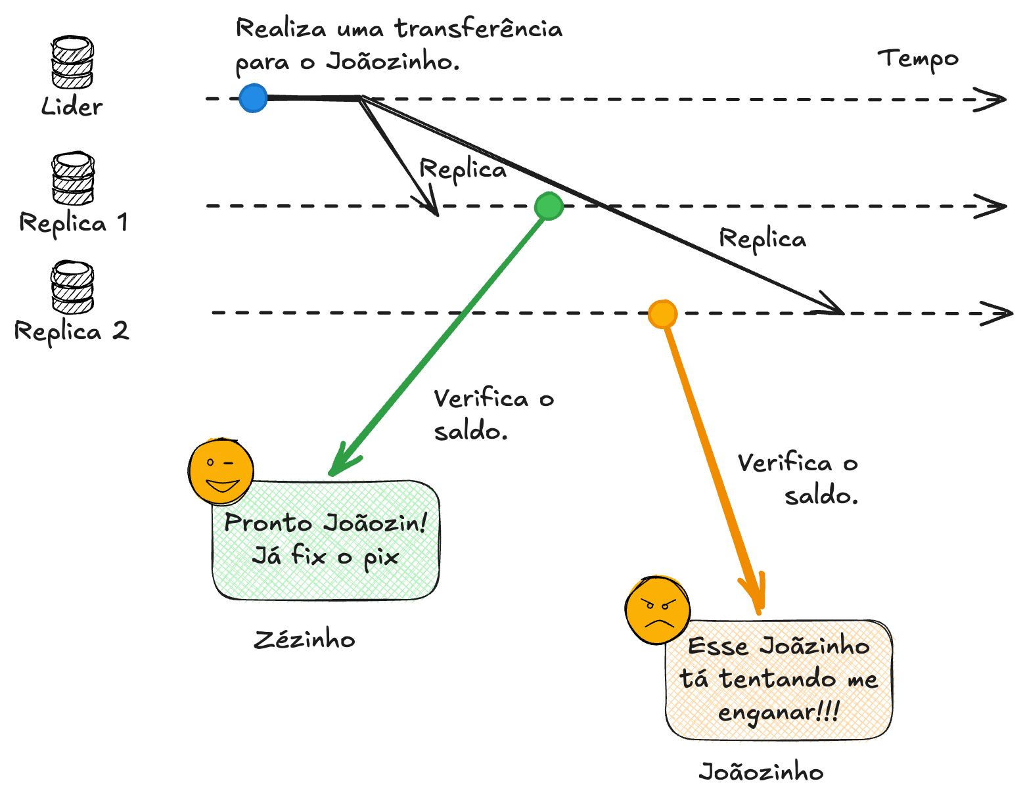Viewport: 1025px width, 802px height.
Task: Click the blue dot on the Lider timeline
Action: point(253,98)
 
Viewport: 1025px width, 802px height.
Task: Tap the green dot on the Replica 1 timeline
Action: point(549,206)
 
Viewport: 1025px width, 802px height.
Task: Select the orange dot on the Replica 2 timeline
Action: point(662,313)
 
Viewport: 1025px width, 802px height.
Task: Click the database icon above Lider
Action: point(72,62)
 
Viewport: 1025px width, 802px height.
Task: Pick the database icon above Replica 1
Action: point(73,178)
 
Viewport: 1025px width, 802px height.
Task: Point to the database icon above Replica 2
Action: point(72,287)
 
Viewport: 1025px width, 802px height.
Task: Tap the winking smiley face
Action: point(221,471)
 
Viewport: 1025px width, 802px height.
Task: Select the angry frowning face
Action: point(658,610)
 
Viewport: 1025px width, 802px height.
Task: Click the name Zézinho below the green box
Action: point(304,640)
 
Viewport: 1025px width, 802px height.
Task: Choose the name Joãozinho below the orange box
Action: point(761,772)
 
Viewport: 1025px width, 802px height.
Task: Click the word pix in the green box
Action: point(381,558)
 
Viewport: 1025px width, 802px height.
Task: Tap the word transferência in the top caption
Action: point(478,28)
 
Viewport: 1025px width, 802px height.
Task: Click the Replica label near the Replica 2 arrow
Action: point(762,240)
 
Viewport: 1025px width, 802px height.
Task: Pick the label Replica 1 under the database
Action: point(73,223)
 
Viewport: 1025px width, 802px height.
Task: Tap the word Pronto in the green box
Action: point(268,522)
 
